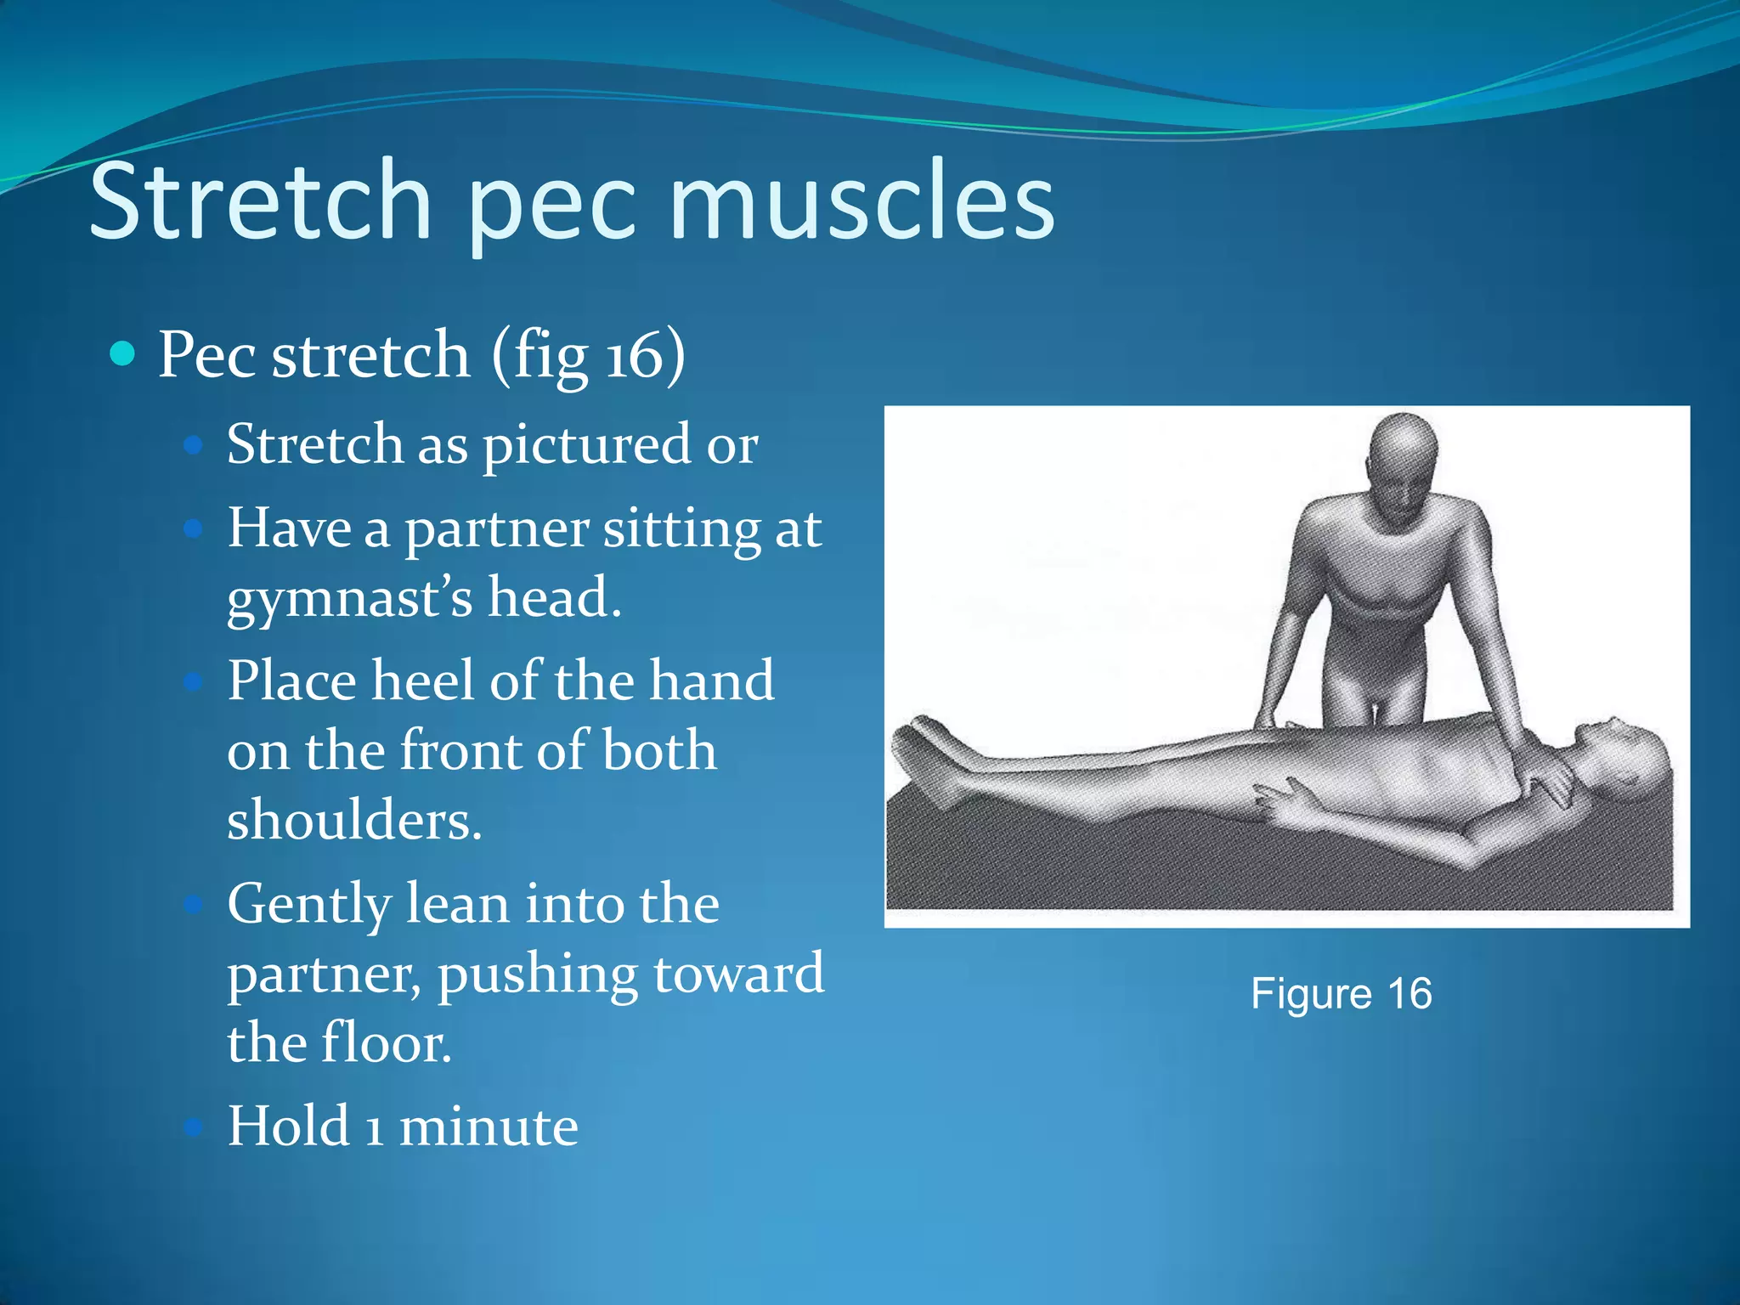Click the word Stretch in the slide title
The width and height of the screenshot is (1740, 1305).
tap(260, 201)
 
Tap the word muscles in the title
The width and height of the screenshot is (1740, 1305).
tap(862, 201)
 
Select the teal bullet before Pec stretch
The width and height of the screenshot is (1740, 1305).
tap(123, 353)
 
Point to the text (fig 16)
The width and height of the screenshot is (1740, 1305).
tap(588, 355)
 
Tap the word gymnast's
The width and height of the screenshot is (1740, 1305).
tap(349, 599)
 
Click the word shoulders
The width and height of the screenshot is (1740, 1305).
tap(354, 821)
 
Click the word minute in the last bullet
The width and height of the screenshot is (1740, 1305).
tap(489, 1127)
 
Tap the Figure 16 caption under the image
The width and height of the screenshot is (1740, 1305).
tap(1342, 993)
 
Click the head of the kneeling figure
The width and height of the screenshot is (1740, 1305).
tap(1404, 460)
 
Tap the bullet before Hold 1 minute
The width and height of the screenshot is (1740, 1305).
tap(194, 1127)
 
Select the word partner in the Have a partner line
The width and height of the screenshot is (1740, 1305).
tap(496, 529)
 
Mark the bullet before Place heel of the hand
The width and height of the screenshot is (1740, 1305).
tap(194, 681)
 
